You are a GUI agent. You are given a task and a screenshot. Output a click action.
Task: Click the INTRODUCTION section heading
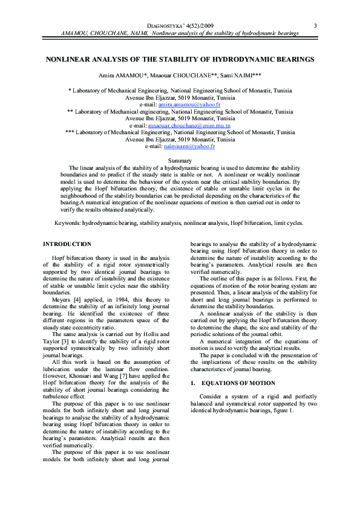[67, 244]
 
